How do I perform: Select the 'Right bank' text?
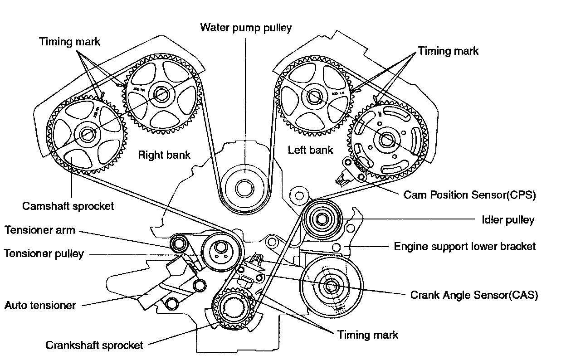[x=164, y=155]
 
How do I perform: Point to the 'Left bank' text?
[x=310, y=150]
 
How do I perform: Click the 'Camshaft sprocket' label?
[x=68, y=206]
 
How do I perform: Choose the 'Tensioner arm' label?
[x=40, y=230]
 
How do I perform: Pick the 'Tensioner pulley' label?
[x=44, y=253]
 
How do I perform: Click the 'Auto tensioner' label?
[x=40, y=305]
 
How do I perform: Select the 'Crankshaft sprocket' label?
[x=94, y=345]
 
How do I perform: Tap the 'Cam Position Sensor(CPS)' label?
[x=469, y=195]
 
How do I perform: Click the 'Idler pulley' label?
[x=507, y=220]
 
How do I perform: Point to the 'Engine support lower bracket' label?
[x=464, y=247]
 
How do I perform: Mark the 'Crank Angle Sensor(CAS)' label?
[x=474, y=295]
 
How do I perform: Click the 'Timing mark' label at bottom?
[x=367, y=335]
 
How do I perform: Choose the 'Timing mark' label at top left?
[x=70, y=42]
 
